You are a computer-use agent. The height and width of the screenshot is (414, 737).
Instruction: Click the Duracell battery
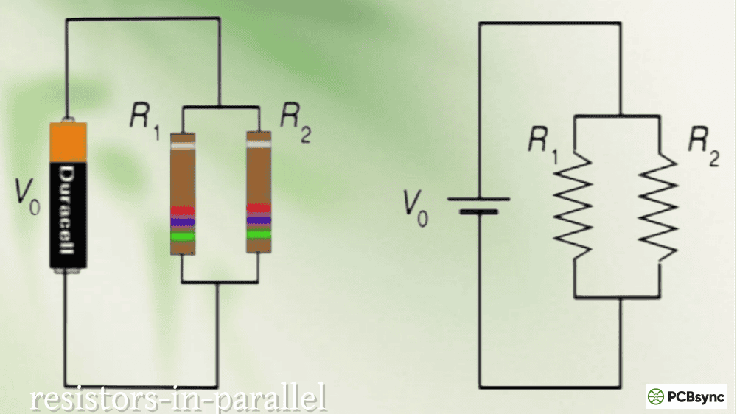pyautogui.click(x=68, y=195)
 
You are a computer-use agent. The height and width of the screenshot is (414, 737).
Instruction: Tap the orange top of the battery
pyautogui.click(x=68, y=142)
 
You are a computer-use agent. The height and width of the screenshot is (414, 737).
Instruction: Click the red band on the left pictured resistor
pyautogui.click(x=182, y=211)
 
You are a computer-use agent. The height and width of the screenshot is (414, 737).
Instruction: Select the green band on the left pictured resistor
pyautogui.click(x=182, y=236)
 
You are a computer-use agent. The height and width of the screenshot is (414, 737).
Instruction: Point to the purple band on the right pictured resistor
pyautogui.click(x=259, y=220)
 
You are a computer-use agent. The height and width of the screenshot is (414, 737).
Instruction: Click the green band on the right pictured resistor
pyautogui.click(x=259, y=234)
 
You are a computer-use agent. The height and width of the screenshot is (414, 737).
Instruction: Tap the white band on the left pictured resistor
pyautogui.click(x=182, y=146)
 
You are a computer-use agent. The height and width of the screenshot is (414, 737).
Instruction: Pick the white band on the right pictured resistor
pyautogui.click(x=259, y=144)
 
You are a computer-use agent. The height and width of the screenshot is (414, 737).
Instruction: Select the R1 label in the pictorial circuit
pyautogui.click(x=144, y=122)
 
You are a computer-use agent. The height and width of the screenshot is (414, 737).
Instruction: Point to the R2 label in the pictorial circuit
pyautogui.click(x=296, y=122)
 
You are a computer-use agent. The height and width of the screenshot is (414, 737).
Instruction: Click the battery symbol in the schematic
pyautogui.click(x=478, y=206)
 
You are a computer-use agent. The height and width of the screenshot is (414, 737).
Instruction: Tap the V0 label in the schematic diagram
pyautogui.click(x=416, y=208)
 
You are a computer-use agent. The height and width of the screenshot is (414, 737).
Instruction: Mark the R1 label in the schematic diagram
pyautogui.click(x=543, y=144)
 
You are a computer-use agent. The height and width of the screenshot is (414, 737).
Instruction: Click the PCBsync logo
pyautogui.click(x=685, y=396)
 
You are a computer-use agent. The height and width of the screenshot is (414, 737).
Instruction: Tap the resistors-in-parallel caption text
pyautogui.click(x=178, y=398)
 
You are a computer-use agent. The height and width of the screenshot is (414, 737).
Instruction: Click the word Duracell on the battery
pyautogui.click(x=68, y=210)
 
